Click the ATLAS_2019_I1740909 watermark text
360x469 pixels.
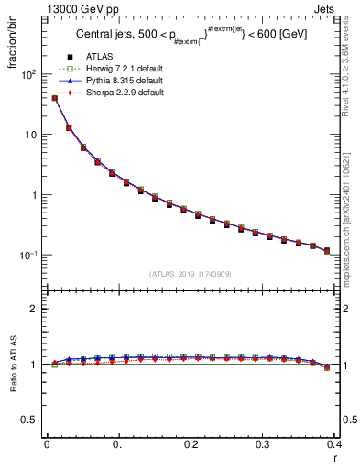pos(191,274)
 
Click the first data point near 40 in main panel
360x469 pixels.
pos(54,98)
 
